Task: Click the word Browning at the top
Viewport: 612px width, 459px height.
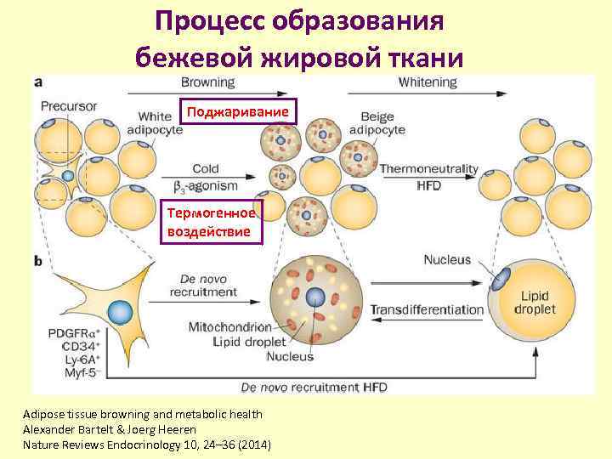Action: (x=207, y=82)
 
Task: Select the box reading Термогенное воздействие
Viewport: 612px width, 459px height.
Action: (x=212, y=223)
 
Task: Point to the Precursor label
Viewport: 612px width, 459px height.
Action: (x=69, y=106)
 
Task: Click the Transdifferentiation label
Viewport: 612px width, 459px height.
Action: (x=427, y=309)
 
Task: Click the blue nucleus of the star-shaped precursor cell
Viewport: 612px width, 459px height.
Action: (x=122, y=311)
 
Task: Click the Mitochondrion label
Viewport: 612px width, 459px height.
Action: (x=231, y=326)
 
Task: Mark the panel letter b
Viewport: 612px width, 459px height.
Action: (x=38, y=262)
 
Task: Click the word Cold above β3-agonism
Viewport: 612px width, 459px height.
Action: (x=206, y=169)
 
